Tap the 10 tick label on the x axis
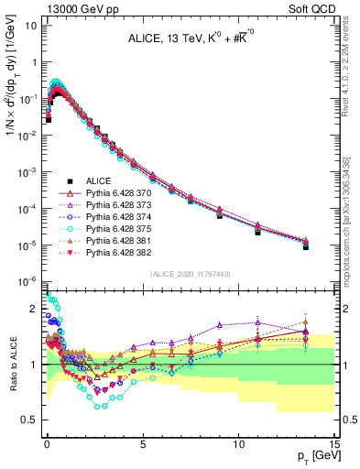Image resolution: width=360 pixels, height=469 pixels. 239,443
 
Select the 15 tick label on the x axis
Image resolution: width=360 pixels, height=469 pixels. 335,443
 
